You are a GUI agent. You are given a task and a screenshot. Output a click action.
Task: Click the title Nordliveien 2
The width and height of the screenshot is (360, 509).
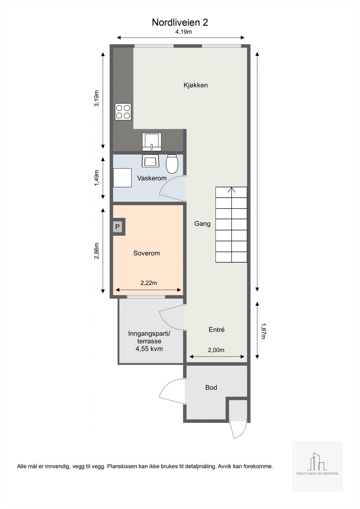coord(180,22)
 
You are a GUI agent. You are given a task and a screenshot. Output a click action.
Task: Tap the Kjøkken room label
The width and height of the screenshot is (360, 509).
coord(195,85)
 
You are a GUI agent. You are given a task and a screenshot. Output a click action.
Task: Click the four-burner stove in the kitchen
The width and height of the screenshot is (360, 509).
coord(123,112)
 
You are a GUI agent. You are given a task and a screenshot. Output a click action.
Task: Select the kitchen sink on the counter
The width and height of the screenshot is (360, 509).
coord(152,142)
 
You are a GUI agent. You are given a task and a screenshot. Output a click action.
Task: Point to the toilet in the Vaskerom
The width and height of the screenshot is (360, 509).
coord(172,164)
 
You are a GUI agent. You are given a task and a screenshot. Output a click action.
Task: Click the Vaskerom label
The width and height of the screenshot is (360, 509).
coord(152,178)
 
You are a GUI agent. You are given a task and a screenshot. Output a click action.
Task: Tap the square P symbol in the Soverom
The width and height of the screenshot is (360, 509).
coord(117,227)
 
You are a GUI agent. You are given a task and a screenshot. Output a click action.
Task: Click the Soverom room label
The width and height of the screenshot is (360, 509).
coord(146,253)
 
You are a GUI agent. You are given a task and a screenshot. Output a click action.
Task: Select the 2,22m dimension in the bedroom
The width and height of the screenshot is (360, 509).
coord(149,283)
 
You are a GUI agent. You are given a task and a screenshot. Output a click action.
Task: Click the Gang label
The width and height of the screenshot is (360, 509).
coord(202,224)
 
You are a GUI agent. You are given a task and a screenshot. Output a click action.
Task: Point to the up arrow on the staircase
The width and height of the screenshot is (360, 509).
coord(232,190)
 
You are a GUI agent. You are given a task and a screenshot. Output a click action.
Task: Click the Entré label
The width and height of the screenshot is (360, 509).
coord(216,330)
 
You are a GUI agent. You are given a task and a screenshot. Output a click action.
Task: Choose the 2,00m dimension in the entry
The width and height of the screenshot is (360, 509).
coord(216,350)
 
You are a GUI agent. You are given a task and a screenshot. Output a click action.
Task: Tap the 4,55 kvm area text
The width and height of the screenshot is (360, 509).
coord(149,349)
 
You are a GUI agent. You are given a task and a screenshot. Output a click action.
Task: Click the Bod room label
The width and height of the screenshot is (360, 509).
coord(211,387)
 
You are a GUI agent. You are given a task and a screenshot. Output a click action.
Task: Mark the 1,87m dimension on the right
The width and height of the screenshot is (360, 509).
coord(263,331)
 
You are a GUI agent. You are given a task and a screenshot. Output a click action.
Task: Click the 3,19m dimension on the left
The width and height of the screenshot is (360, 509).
coord(97,99)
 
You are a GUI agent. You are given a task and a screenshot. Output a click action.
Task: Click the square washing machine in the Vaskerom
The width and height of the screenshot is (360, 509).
coord(123,178)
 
